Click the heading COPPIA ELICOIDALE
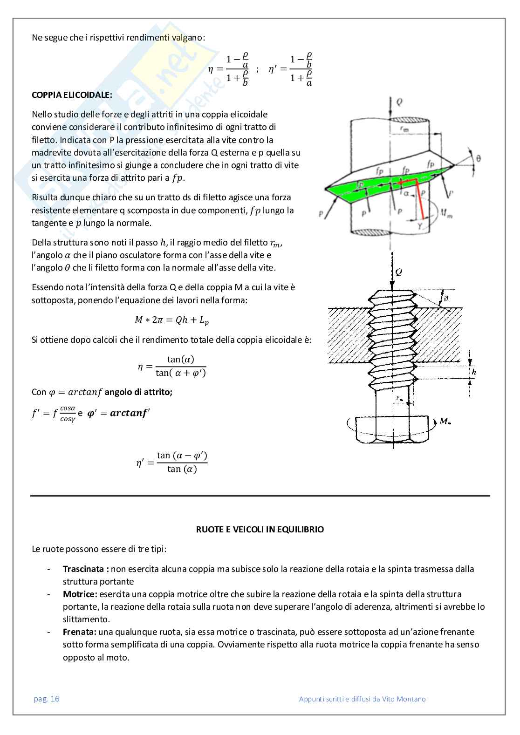[x=72, y=95]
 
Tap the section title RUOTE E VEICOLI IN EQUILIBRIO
[x=260, y=529]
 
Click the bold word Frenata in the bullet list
[x=80, y=632]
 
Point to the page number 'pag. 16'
[x=47, y=699]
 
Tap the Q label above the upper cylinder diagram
[x=399, y=102]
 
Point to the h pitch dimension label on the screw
[x=474, y=372]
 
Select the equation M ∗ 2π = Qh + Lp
[x=171, y=320]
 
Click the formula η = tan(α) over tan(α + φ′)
[x=171, y=366]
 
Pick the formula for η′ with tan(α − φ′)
[x=171, y=462]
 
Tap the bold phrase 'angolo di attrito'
[x=138, y=392]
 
